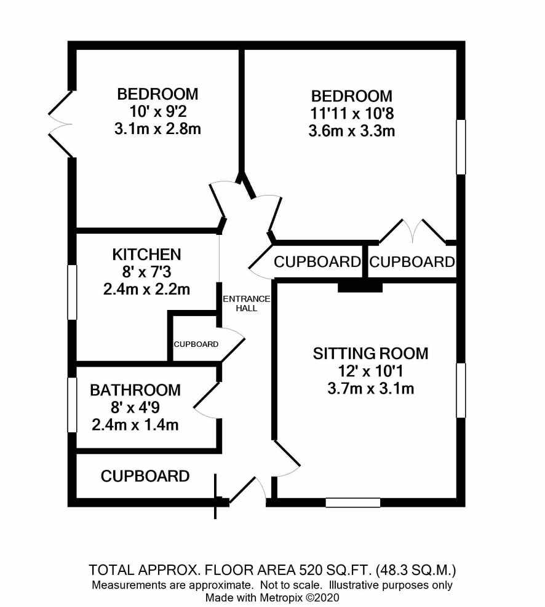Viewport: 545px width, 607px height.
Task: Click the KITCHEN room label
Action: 146,255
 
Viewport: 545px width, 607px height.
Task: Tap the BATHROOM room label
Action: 135,390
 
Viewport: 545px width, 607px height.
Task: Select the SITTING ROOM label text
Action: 370,354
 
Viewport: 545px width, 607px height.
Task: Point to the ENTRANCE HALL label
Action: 247,304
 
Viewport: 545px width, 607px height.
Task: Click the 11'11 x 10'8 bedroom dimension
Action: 352,113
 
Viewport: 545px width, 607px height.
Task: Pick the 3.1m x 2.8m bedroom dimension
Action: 157,129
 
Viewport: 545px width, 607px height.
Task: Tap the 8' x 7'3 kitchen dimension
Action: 146,272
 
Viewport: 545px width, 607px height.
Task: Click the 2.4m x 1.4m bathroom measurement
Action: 135,425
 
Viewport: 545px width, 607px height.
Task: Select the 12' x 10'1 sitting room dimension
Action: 370,371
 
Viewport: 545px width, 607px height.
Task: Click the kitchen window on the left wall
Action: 73,292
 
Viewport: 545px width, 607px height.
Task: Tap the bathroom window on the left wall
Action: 73,405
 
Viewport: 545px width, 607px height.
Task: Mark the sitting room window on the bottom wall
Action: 353,502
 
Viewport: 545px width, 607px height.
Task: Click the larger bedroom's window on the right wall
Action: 461,147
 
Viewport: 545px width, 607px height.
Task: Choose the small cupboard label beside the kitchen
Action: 196,344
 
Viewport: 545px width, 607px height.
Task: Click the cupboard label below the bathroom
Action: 145,476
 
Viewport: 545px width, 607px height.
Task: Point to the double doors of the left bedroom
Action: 61,124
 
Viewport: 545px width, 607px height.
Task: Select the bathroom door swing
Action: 207,400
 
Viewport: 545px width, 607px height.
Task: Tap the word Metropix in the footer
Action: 282,597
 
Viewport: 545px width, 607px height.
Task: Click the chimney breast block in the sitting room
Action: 360,288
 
